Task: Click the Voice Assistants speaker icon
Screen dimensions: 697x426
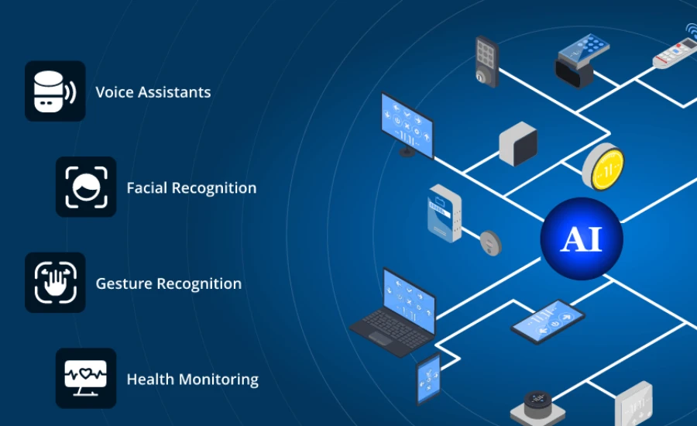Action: point(55,91)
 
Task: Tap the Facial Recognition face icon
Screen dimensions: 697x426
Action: point(86,187)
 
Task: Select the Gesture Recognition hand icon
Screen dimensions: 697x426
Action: point(55,283)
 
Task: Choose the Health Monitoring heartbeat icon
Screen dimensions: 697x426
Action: point(86,378)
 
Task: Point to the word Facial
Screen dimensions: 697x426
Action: point(146,187)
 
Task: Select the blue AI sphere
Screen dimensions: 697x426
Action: point(582,239)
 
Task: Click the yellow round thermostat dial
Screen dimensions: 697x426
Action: point(603,167)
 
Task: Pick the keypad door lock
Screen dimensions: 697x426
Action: point(487,61)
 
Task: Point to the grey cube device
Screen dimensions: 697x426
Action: point(518,144)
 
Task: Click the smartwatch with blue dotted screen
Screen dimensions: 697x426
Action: point(581,60)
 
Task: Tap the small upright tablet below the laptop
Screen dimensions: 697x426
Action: point(428,379)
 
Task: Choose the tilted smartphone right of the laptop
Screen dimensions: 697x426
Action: point(548,321)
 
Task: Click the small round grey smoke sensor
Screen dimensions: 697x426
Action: point(491,242)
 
